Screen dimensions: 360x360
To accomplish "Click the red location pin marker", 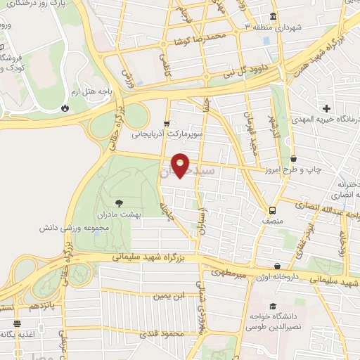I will (x=181, y=165).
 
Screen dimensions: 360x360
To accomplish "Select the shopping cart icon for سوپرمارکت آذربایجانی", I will (x=167, y=122).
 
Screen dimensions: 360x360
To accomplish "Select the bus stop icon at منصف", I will (x=271, y=210).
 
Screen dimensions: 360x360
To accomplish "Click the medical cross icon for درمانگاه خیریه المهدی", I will (x=326, y=108).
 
